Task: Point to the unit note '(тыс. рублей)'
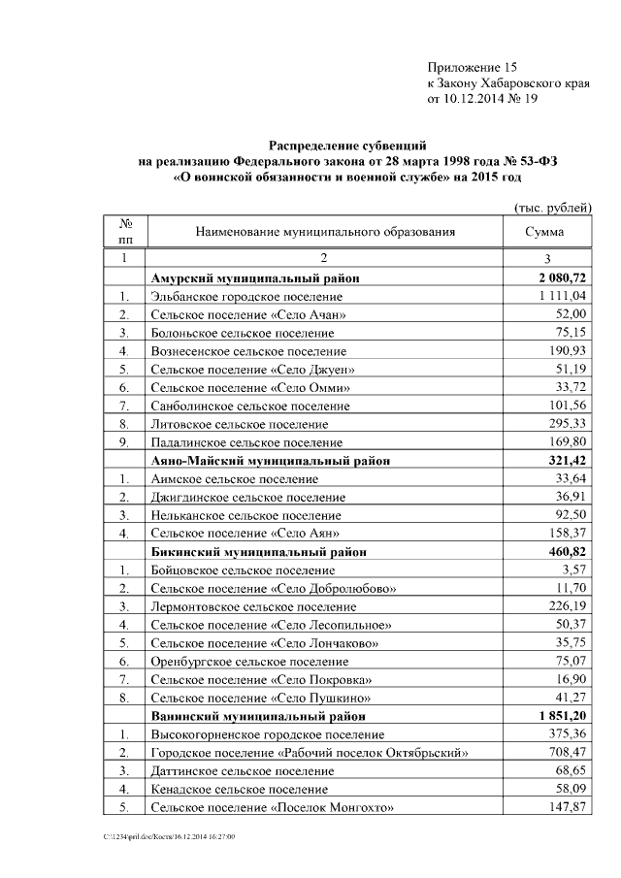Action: pos(552,207)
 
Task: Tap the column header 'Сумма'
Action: pos(544,233)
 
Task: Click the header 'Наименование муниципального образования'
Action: pos(325,233)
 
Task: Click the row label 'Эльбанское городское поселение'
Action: pos(246,296)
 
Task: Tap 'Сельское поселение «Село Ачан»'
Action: pos(248,314)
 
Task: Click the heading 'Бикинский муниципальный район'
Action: pos(263,551)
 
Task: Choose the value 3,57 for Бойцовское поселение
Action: pos(572,569)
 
